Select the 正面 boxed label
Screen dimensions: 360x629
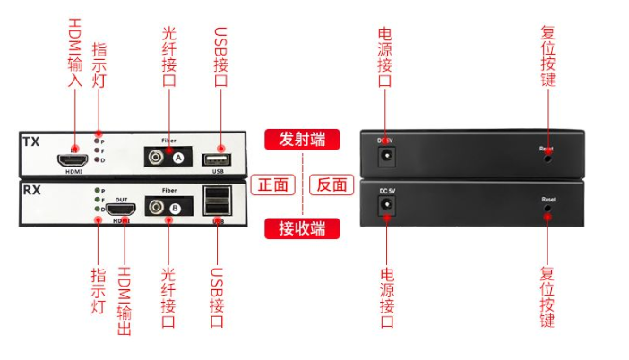(x=273, y=184)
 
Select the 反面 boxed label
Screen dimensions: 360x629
(x=332, y=184)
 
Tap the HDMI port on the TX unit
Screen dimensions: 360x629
(x=71, y=161)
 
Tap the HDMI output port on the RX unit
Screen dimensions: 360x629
(x=119, y=210)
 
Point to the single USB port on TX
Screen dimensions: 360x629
(x=217, y=159)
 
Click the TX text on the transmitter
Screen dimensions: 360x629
(x=30, y=141)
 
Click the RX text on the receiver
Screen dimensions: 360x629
(x=30, y=190)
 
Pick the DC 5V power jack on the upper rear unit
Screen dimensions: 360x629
(x=386, y=156)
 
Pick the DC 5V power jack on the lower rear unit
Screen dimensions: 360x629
(x=387, y=207)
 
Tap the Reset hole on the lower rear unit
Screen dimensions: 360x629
(x=547, y=210)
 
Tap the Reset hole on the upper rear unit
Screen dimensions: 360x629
(x=547, y=159)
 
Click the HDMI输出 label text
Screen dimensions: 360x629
(x=125, y=300)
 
